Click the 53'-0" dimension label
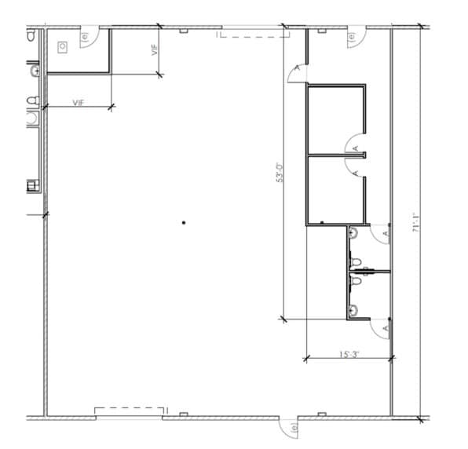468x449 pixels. point(276,172)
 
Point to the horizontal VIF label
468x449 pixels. point(79,103)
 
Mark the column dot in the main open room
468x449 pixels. point(183,223)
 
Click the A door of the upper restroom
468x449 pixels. point(384,233)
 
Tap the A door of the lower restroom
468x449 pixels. point(384,327)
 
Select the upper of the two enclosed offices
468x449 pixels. point(335,119)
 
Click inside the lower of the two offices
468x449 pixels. point(335,190)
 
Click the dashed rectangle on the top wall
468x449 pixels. point(251,33)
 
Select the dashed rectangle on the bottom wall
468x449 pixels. point(130,411)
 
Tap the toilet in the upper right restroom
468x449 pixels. point(355,234)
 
